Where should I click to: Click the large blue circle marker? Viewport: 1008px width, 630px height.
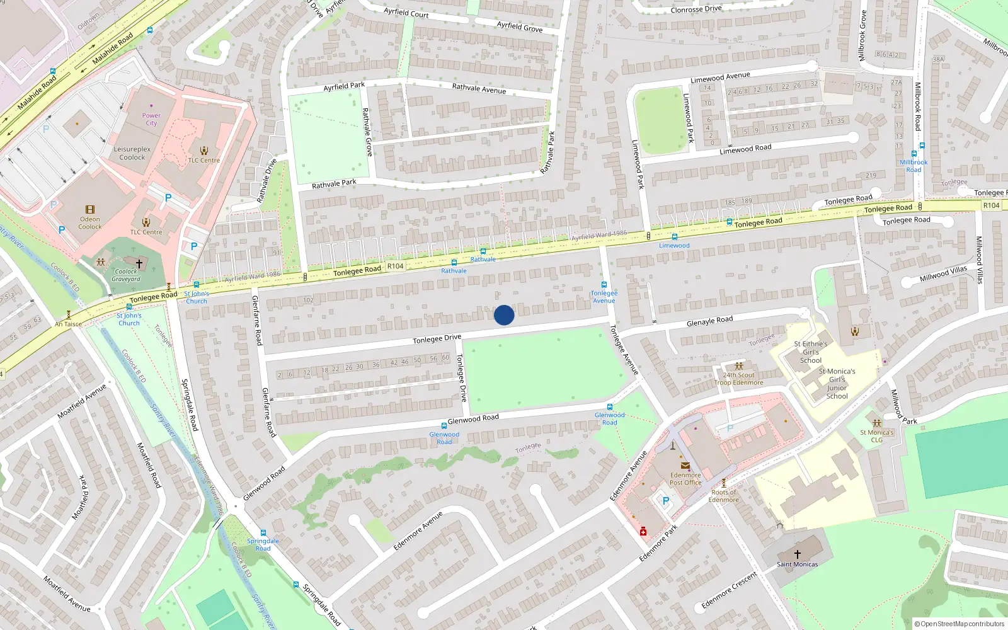(504, 315)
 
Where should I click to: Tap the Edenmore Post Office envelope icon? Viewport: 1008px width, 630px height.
(685, 466)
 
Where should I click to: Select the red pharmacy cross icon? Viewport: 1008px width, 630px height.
(643, 532)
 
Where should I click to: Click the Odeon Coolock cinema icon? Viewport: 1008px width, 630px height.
(90, 210)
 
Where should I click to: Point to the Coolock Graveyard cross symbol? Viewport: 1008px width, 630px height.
(139, 263)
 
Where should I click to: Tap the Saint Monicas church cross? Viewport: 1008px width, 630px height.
(797, 554)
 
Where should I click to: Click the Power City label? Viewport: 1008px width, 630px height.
(151, 119)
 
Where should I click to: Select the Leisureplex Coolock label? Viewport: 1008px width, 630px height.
(132, 153)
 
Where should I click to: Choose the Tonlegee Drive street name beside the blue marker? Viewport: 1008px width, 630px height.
(437, 339)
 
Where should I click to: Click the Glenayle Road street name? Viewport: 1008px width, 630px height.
(709, 321)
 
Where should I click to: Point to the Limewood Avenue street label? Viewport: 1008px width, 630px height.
(720, 77)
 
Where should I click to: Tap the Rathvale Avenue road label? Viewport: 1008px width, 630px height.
(479, 88)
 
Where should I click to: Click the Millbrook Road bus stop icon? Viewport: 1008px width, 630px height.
(913, 154)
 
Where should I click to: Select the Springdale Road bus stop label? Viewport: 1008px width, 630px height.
(263, 544)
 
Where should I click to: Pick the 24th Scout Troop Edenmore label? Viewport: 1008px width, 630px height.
(739, 379)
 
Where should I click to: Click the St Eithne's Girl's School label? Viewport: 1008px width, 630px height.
(811, 352)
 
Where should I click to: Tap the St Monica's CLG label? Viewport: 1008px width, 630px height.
(876, 436)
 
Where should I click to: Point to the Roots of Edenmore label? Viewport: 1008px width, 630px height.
(723, 496)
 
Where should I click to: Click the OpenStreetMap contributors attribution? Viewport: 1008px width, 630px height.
(959, 624)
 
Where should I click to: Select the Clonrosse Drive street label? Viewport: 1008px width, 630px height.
(696, 9)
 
